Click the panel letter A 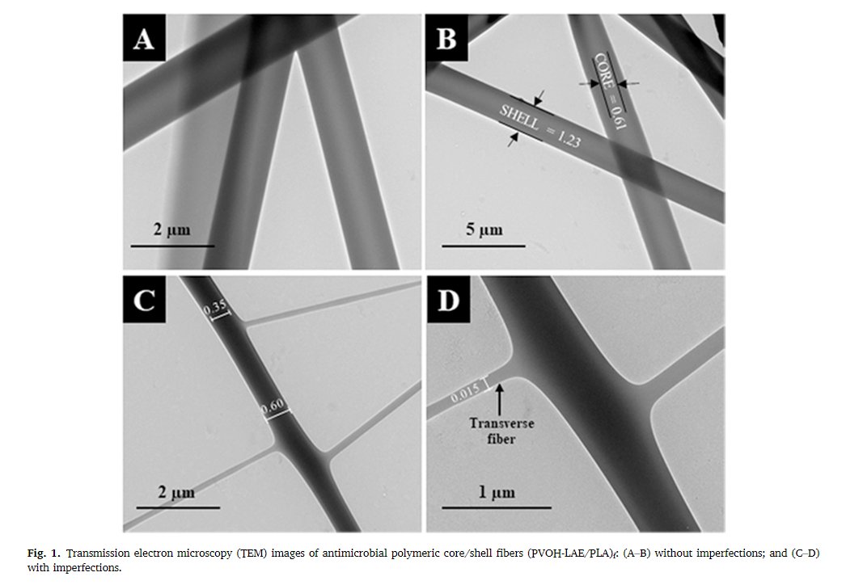click(x=143, y=39)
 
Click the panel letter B click(x=446, y=39)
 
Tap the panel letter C click(x=144, y=301)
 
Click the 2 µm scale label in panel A click(x=172, y=229)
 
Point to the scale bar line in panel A click(x=172, y=246)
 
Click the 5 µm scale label click(x=484, y=229)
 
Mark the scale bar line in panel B click(x=484, y=246)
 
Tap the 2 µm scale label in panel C click(x=176, y=492)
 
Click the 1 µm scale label click(x=497, y=492)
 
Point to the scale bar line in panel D click(x=497, y=507)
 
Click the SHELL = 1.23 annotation click(x=540, y=125)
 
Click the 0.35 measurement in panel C click(x=215, y=309)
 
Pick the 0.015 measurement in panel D click(x=465, y=394)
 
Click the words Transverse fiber click(x=501, y=431)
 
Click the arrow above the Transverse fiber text click(x=500, y=398)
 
